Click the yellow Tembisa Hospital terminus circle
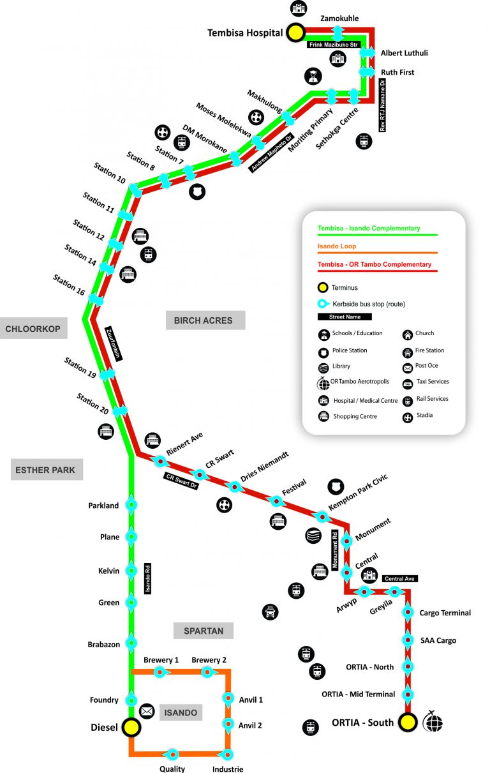[295, 33]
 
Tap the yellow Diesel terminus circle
[131, 726]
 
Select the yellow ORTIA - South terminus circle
[408, 723]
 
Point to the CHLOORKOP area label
[33, 329]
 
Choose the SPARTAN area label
[204, 631]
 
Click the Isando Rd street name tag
[148, 578]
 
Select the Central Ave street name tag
[400, 579]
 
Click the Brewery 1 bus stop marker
[160, 672]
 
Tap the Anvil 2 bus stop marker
[227, 724]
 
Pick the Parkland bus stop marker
[131, 506]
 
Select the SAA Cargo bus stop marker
[408, 640]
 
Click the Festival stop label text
[294, 487]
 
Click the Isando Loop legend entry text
[337, 246]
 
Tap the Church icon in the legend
[408, 334]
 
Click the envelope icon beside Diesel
[147, 710]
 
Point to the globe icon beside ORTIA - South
[433, 722]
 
